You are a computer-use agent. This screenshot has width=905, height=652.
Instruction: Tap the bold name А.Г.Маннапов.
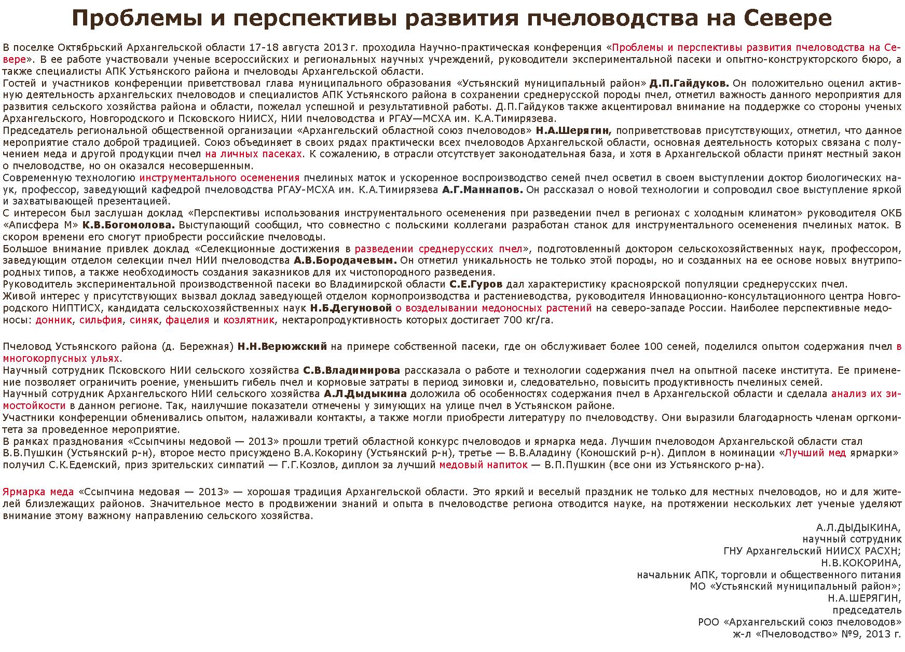tap(483, 189)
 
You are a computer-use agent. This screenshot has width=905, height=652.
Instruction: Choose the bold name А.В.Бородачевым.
tap(345, 260)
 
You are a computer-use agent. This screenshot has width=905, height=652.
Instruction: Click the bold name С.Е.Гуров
tap(476, 284)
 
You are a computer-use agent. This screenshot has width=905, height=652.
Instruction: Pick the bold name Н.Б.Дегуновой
tap(351, 308)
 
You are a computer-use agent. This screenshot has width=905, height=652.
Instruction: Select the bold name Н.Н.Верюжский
tap(282, 346)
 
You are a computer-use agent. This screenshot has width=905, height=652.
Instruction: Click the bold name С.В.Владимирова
tap(351, 370)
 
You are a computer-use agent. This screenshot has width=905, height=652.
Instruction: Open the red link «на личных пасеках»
tap(254, 154)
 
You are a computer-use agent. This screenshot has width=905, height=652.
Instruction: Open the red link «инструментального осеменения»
tap(220, 178)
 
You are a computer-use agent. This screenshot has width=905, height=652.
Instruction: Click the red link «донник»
tap(53, 320)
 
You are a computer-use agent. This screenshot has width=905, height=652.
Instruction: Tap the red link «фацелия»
tap(187, 320)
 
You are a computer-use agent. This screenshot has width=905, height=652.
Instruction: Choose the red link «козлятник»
tap(249, 320)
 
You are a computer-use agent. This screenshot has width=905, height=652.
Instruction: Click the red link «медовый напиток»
tap(483, 465)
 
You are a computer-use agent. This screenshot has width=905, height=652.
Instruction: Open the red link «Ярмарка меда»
tap(38, 492)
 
